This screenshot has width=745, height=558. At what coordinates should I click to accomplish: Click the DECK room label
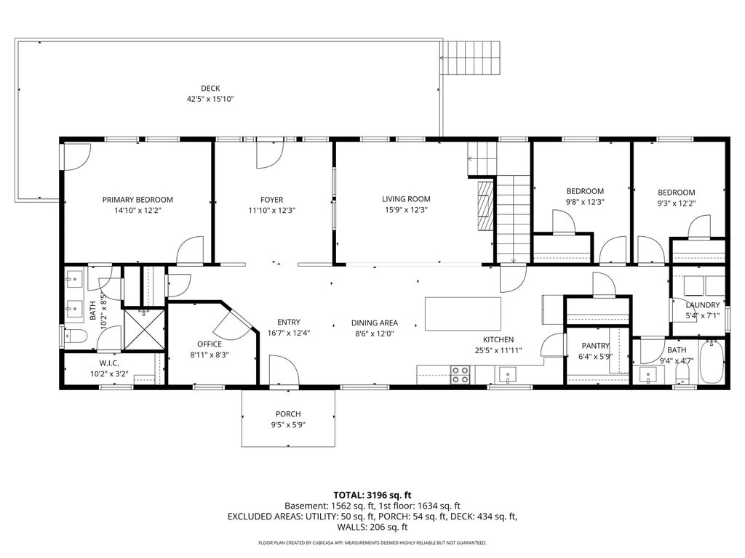pos(210,88)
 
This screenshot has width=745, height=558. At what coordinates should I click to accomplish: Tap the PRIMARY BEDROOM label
pos(138,200)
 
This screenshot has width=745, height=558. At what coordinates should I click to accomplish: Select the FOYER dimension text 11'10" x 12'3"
pos(272,210)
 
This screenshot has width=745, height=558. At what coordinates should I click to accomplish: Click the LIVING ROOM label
pos(406,199)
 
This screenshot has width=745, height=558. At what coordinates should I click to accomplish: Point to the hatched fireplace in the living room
pos(485,205)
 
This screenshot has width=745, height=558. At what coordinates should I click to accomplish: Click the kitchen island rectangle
pos(463,314)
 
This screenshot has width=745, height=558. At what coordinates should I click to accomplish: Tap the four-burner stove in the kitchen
pos(460,374)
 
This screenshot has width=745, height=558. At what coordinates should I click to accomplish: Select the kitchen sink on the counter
pos(507,376)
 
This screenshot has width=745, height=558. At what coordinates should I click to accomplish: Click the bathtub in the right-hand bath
pos(712,362)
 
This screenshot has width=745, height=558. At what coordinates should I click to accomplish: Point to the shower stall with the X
pos(144,329)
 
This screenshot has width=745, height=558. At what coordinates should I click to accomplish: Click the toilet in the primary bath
pos(76,337)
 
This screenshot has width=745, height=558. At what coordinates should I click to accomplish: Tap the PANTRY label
pos(595,346)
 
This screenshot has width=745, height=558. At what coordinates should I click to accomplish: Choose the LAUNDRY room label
pos(702,305)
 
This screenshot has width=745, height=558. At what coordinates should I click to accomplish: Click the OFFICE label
pos(210,344)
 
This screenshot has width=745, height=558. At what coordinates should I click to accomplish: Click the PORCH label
pos(288,414)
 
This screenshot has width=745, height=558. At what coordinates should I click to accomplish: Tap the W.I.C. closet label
pos(109,363)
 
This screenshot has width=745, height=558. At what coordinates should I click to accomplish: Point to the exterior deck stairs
pos(471,58)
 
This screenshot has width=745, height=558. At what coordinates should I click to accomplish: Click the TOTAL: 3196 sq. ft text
pos(372,496)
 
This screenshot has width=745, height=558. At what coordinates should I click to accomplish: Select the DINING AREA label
pos(375,323)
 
